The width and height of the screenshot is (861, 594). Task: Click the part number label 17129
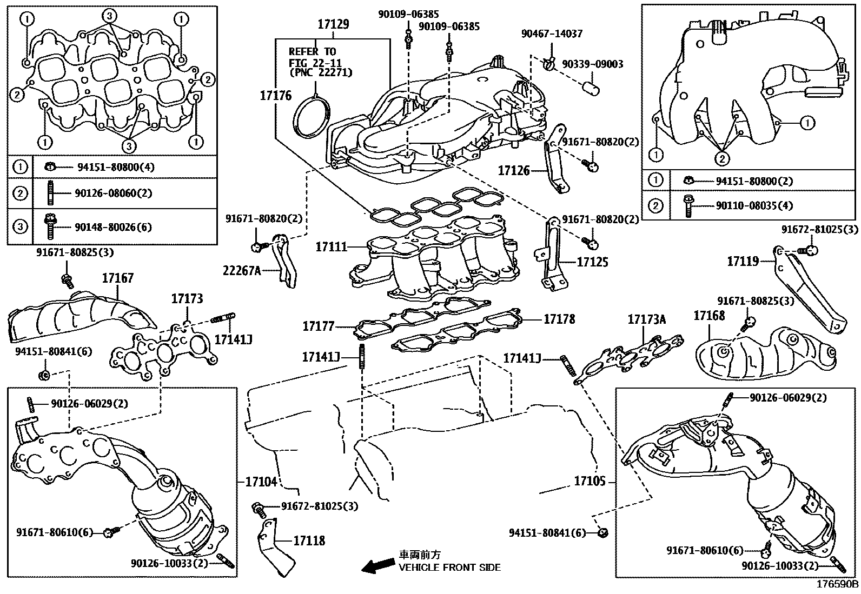coord(333,24)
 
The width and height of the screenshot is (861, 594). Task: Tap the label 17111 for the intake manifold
coord(332,247)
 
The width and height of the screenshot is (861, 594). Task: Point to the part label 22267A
coord(242,270)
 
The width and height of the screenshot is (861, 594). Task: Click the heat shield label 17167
coord(117,278)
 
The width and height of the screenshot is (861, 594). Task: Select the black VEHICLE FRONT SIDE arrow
coord(379,566)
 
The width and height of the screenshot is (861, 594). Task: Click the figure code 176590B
coord(837,584)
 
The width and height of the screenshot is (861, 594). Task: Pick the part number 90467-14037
coord(552,34)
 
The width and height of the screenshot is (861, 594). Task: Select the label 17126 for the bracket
coord(514,171)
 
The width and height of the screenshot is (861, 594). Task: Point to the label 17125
coord(592,263)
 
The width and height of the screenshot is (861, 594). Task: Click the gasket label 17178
coord(559,319)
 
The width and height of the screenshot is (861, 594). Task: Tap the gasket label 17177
coord(318,326)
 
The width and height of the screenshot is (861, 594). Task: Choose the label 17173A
coord(647,319)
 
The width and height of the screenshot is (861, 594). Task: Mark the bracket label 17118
coord(309,540)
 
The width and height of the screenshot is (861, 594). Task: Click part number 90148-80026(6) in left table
coord(114,227)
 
